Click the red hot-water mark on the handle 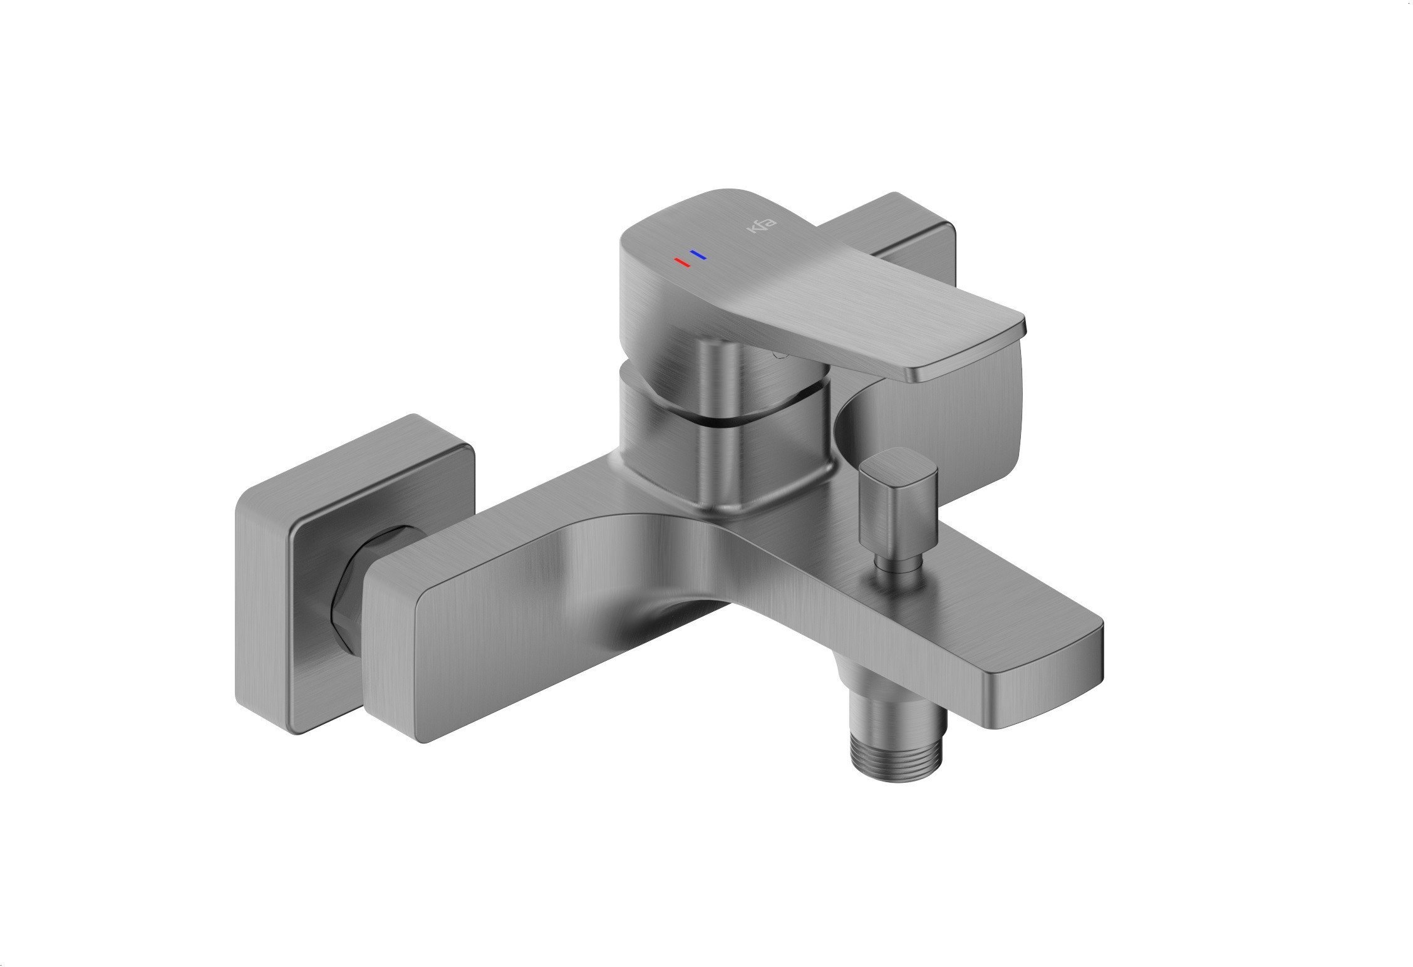(681, 262)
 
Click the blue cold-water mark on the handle (698, 254)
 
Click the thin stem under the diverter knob (897, 566)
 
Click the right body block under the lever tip (939, 420)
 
